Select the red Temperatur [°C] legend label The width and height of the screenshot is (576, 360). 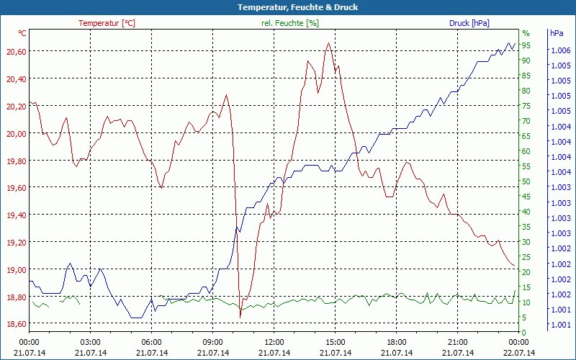point(107,23)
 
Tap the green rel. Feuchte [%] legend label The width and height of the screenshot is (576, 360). point(289,23)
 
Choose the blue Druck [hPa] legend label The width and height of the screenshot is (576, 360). point(469,23)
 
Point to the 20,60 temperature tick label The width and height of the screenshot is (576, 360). point(16,51)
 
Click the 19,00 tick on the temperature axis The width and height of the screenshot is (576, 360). point(16,269)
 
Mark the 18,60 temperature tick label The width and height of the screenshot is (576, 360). point(16,324)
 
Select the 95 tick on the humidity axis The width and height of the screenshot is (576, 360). point(526,45)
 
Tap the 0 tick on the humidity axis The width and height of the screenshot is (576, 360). point(524,332)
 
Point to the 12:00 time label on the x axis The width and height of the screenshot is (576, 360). point(274,342)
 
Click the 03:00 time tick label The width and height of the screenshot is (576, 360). point(90,342)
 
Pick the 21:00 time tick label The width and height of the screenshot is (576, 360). point(459,342)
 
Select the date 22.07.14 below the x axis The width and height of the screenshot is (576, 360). point(519,353)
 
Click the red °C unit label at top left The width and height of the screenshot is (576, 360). point(22,33)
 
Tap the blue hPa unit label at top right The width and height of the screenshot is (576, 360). point(557,33)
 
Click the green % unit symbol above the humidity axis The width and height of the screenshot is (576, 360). point(526,33)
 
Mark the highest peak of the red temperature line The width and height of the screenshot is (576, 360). point(328,43)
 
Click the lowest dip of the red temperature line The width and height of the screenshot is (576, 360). point(240,316)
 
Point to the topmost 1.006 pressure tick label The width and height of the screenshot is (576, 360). point(560,51)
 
